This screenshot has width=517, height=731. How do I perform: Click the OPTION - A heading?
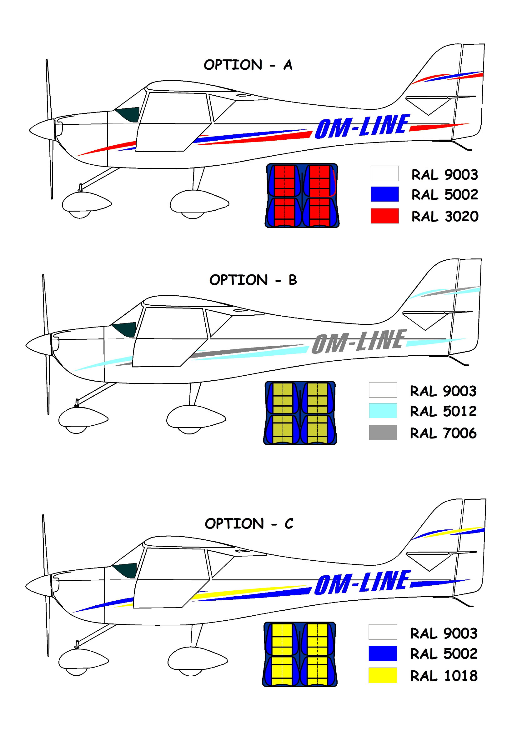pyautogui.click(x=248, y=65)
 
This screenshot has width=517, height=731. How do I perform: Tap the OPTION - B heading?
pyautogui.click(x=253, y=280)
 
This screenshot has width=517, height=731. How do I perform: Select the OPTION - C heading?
pyautogui.click(x=249, y=524)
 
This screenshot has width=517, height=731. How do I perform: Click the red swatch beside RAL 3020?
pyautogui.click(x=384, y=216)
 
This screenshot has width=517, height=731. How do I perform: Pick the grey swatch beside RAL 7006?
pyautogui.click(x=383, y=432)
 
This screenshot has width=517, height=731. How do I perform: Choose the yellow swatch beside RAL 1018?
pyautogui.click(x=383, y=675)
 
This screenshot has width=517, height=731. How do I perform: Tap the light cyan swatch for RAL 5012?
pyautogui.click(x=383, y=411)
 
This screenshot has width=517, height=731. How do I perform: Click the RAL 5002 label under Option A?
pyautogui.click(x=445, y=194)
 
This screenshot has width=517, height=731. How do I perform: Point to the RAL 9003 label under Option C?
pyautogui.click(x=444, y=633)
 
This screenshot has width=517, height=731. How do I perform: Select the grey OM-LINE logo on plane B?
pyautogui.click(x=359, y=341)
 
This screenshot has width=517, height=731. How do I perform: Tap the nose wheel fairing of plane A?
pyautogui.click(x=87, y=203)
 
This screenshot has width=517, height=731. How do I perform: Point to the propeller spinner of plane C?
pyautogui.click(x=39, y=586)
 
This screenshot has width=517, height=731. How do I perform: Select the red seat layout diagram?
pyautogui.click(x=302, y=195)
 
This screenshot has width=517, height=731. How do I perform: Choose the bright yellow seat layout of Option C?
pyautogui.click(x=299, y=654)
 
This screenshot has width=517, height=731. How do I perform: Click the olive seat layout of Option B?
pyautogui.click(x=300, y=413)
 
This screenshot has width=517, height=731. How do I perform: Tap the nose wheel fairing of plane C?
pyautogui.click(x=84, y=659)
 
